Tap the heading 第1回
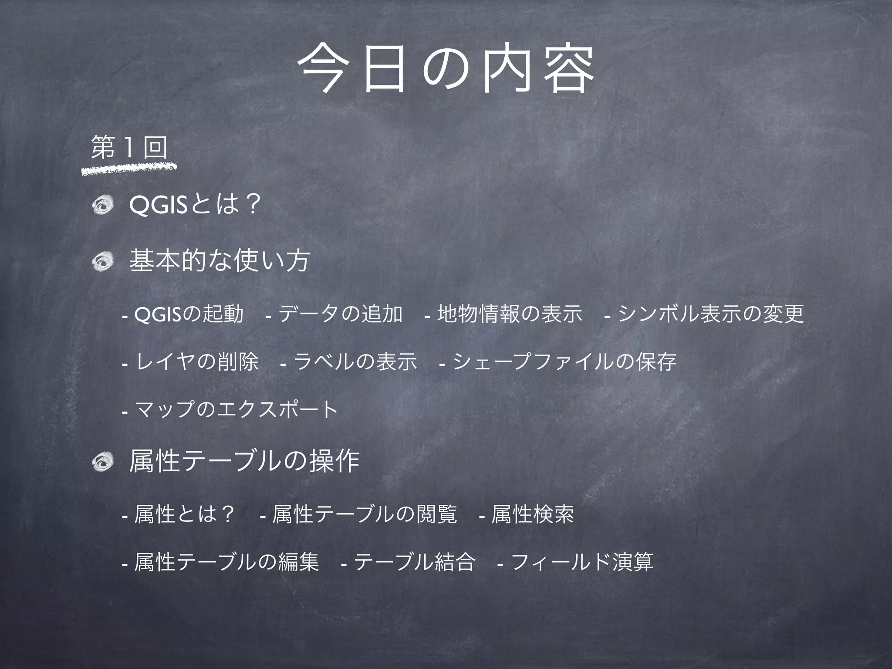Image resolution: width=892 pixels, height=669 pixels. [129, 148]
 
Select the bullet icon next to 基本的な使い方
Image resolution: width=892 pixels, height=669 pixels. [103, 261]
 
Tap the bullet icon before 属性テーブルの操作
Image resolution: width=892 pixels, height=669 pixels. [103, 462]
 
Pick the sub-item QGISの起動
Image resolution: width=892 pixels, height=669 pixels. [189, 314]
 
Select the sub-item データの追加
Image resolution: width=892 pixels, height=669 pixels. [340, 314]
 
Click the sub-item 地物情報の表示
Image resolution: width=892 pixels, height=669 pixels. [509, 314]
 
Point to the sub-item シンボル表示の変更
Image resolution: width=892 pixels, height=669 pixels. [710, 314]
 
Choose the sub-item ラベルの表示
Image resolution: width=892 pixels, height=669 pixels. [355, 362]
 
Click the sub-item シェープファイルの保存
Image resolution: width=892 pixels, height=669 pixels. [564, 362]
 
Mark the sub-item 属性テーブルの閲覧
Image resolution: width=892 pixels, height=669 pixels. [364, 515]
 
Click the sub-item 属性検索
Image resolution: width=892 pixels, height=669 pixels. [532, 515]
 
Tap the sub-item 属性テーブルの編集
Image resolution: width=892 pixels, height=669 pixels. [226, 562]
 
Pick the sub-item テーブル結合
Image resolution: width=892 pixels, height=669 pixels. [414, 562]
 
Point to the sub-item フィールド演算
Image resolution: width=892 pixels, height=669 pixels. [581, 562]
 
